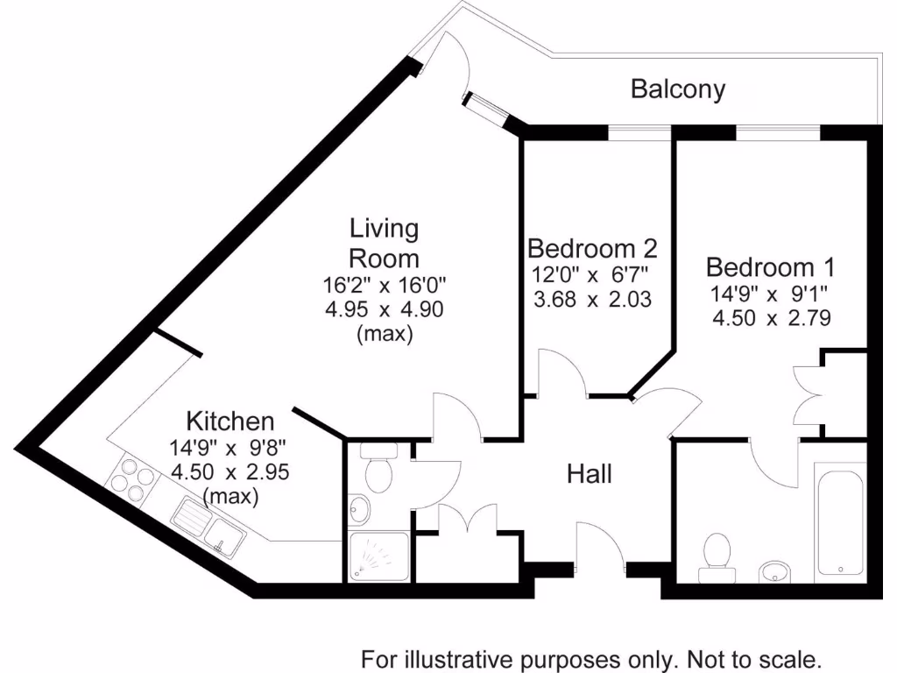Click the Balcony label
(x=678, y=89)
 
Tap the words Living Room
(x=385, y=244)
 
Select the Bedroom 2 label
(x=592, y=248)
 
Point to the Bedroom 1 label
(x=770, y=266)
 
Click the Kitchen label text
(x=230, y=422)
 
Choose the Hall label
(x=590, y=474)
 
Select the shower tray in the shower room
(x=378, y=556)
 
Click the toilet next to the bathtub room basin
(x=718, y=556)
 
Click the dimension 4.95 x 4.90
(x=385, y=309)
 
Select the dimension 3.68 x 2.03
(x=592, y=299)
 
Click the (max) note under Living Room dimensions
(x=385, y=334)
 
